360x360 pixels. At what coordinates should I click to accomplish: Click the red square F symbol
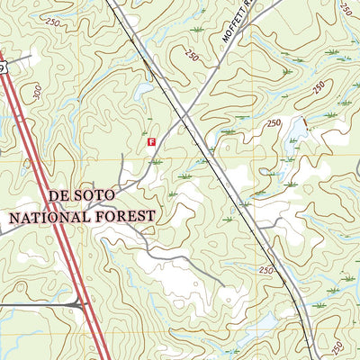(x=151, y=141)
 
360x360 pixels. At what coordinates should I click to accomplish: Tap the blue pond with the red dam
(x=294, y=133)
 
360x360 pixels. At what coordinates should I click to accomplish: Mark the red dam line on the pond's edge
(x=304, y=124)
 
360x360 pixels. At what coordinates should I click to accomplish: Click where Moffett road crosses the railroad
(x=187, y=114)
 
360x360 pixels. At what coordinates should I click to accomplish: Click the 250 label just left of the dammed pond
(x=274, y=123)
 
